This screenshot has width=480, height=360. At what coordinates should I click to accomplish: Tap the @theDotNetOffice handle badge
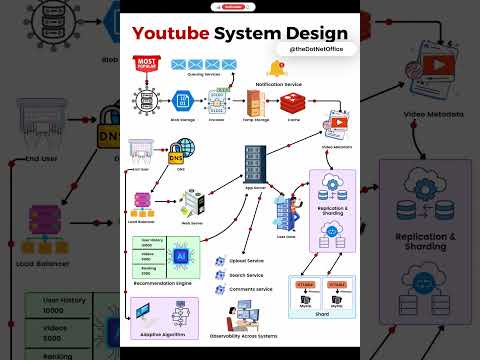tap(318, 48)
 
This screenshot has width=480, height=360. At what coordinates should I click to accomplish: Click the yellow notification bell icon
tap(277, 69)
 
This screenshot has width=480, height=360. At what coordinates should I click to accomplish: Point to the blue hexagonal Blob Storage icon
tap(183, 100)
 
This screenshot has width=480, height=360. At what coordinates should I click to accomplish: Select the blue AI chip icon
tap(181, 257)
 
